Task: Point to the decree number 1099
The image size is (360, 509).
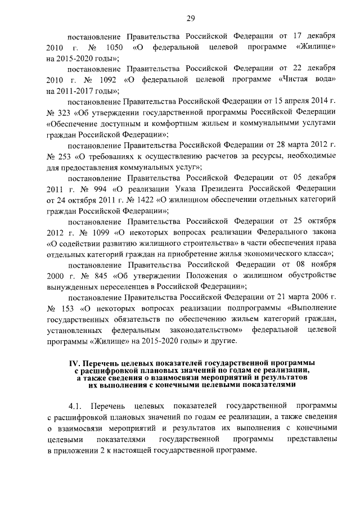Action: pos(100,231)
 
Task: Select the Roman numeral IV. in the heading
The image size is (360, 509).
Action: pos(75,363)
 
